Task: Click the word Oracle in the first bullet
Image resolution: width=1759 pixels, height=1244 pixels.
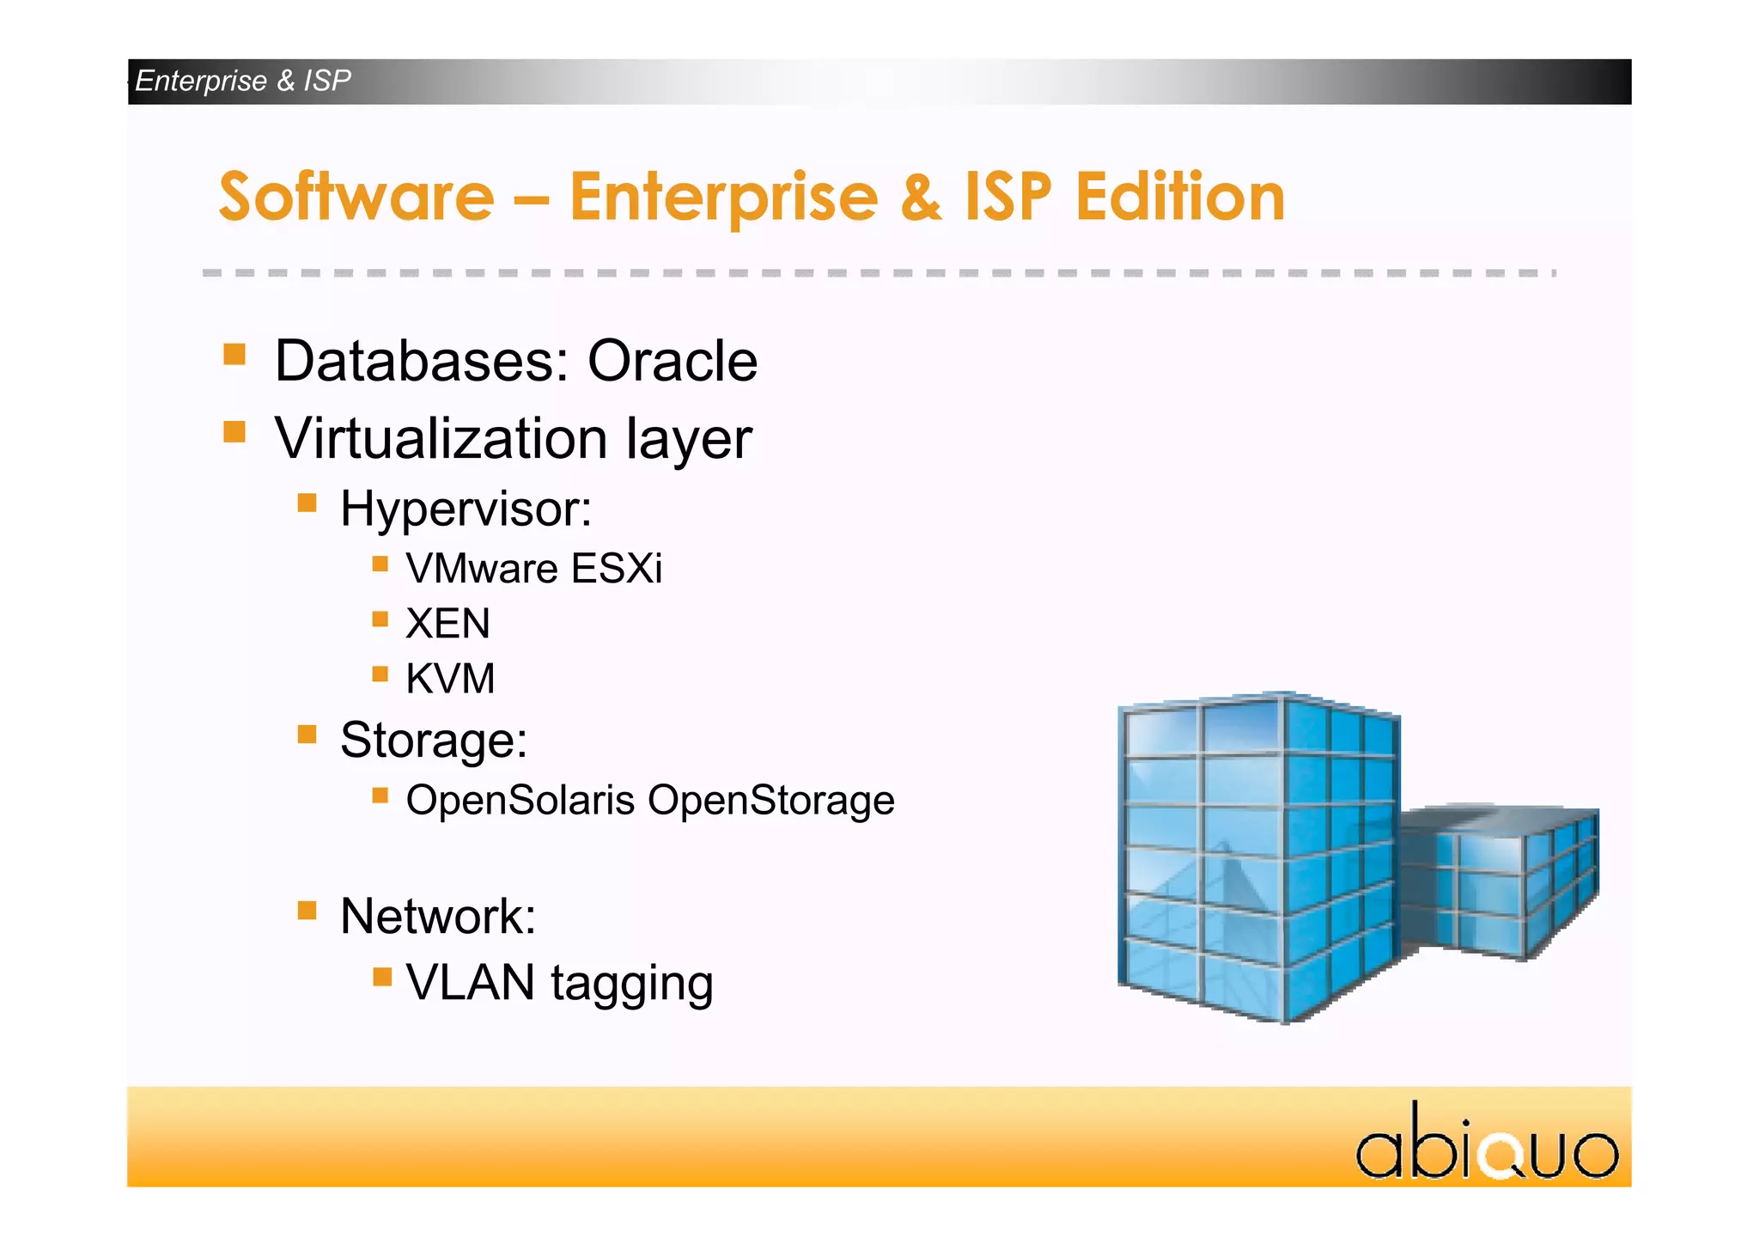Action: tap(672, 361)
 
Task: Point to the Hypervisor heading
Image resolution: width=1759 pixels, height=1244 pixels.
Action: tap(466, 509)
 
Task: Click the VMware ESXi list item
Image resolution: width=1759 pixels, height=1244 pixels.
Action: tap(533, 569)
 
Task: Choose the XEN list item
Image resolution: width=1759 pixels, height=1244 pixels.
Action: tap(447, 624)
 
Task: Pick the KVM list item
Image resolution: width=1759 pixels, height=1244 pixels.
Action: tap(450, 679)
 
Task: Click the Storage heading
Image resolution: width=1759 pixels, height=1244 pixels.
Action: tap(434, 740)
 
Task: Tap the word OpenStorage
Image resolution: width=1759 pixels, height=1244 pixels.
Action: tap(770, 801)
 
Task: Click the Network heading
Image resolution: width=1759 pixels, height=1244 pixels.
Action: tap(438, 916)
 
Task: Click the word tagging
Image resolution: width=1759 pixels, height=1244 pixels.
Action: tap(631, 984)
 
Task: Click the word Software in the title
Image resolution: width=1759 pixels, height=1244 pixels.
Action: tap(356, 198)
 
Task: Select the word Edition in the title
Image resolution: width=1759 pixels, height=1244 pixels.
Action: tap(1180, 198)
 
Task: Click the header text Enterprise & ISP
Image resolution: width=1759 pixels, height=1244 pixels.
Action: tap(243, 81)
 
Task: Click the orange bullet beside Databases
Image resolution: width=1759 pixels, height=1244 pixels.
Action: tap(234, 354)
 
